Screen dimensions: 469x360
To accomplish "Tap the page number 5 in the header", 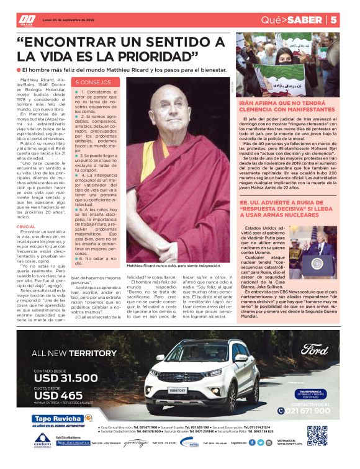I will pyautogui.click(x=350, y=19).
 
